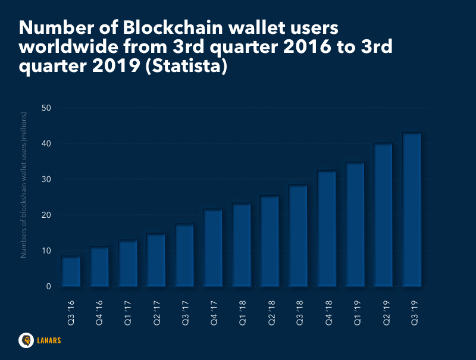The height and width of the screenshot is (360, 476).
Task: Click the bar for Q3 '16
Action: click(x=71, y=271)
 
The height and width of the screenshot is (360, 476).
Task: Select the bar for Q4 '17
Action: click(x=213, y=248)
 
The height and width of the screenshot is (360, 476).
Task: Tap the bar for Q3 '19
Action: click(x=412, y=209)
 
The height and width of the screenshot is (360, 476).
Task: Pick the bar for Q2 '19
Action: click(x=383, y=214)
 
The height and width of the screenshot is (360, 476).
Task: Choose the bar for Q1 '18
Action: click(x=241, y=245)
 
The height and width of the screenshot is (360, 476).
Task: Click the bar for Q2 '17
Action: click(x=156, y=259)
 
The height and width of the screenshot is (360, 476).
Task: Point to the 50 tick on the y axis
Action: click(x=46, y=108)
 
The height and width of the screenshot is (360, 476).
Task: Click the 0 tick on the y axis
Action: click(x=48, y=286)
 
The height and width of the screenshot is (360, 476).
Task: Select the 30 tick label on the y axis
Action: click(x=46, y=179)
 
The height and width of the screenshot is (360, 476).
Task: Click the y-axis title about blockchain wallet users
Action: click(x=24, y=184)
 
